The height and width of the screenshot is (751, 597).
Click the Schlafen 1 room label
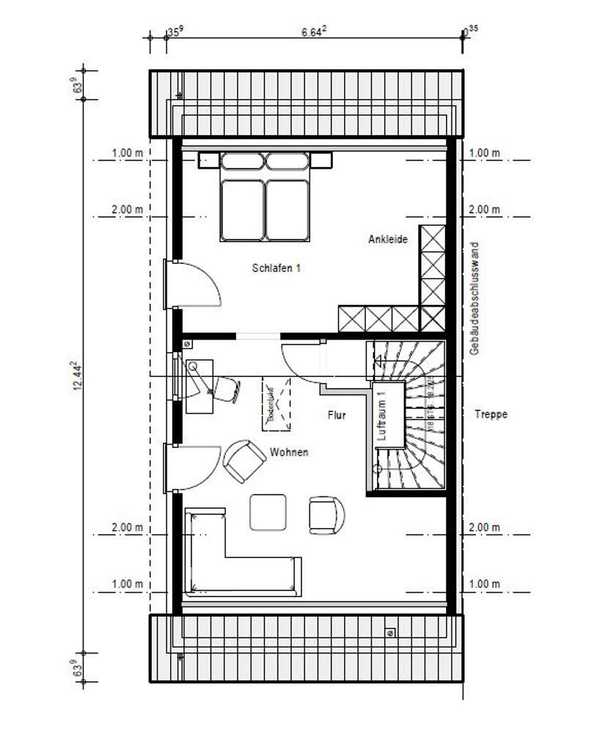pyautogui.click(x=276, y=268)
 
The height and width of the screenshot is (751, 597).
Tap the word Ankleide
pyautogui.click(x=388, y=239)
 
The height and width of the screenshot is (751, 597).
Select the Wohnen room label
pyautogui.click(x=288, y=453)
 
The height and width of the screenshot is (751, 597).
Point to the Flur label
pyautogui.click(x=337, y=415)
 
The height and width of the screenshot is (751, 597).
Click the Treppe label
pyautogui.click(x=491, y=414)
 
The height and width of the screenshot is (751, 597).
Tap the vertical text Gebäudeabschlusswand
pyautogui.click(x=475, y=298)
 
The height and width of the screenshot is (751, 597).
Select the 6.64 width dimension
pyautogui.click(x=314, y=32)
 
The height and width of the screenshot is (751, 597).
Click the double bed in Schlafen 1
pyautogui.click(x=265, y=198)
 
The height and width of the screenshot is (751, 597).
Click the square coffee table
pyautogui.click(x=268, y=512)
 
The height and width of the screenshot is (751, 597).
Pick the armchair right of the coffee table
pyautogui.click(x=326, y=514)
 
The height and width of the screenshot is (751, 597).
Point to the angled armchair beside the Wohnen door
pyautogui.click(x=243, y=461)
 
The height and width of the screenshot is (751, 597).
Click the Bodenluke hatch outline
pyautogui.click(x=276, y=405)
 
